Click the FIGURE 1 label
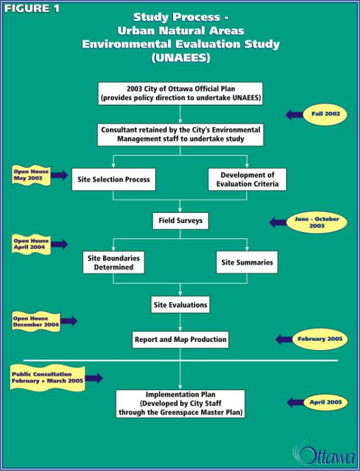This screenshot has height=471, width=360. point(32,8)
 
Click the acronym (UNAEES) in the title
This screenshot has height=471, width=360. point(181,57)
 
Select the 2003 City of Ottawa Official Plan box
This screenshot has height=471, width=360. point(180,93)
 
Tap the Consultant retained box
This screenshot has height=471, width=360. point(180,135)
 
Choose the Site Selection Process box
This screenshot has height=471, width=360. point(114,179)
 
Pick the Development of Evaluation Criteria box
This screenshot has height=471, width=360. point(247,179)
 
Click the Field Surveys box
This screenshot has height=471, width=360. point(180,221)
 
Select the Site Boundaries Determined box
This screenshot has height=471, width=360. point(114,263)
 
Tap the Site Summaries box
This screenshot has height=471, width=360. point(247,263)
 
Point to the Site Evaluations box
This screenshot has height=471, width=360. point(180,305)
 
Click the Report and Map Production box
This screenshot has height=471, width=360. point(180,339)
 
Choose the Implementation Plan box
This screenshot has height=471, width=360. point(180,404)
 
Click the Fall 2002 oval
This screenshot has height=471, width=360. point(326,114)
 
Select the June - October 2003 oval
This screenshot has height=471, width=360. point(317,222)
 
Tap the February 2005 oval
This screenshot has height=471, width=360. point(320,339)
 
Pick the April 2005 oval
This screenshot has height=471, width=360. point(326,402)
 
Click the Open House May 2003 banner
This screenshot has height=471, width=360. point(31,175)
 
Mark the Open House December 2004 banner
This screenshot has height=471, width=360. point(36,322)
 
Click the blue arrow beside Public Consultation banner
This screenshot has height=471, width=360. point(93,378)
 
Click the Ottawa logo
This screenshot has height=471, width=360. point(324,455)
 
